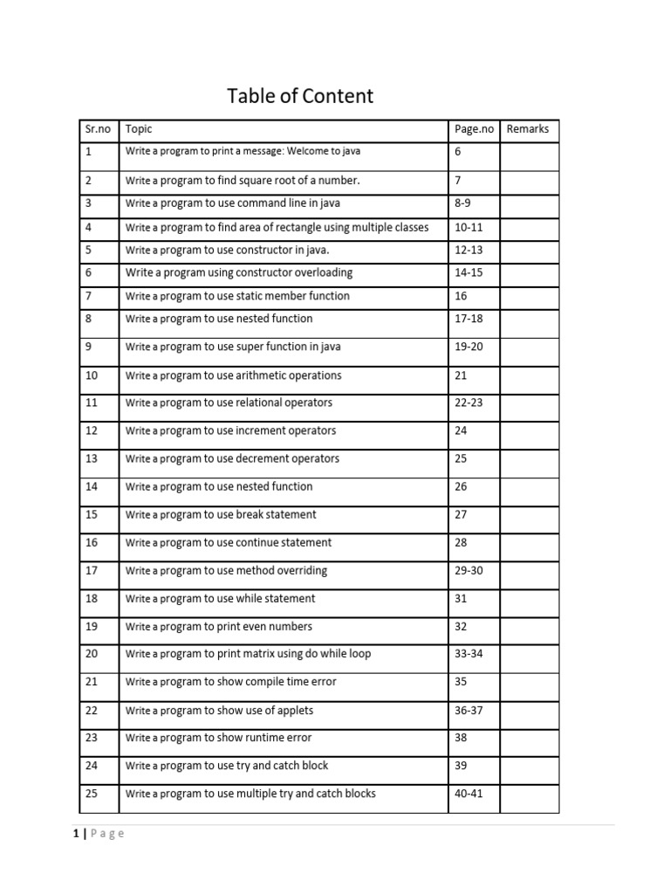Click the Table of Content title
300,96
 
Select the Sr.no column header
98,129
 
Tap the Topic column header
139,129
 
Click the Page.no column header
474,129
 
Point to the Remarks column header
528,129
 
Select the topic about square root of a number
243,181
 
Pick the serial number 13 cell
92,459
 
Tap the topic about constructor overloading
239,272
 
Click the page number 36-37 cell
468,711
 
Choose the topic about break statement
221,515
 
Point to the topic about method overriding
226,571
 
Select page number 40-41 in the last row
468,794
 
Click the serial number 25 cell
92,794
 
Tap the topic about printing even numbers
218,627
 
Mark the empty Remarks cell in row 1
529,156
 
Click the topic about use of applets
219,711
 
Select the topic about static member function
237,296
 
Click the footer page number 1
77,834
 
